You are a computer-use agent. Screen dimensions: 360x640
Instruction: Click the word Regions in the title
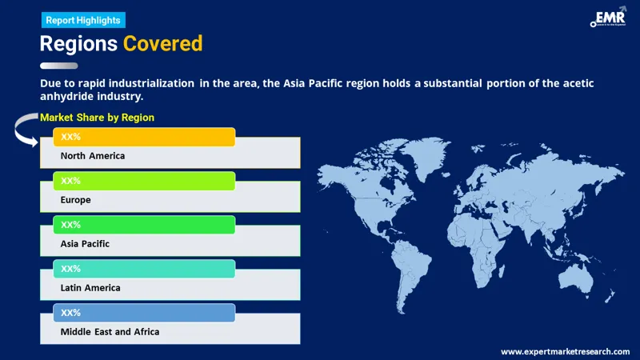tap(78, 44)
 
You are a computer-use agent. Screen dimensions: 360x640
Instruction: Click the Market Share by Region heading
tap(97, 118)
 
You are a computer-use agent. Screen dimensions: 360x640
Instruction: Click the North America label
tap(93, 156)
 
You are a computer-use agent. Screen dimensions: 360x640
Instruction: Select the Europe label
tap(76, 200)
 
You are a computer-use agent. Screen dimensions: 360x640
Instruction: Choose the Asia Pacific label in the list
tap(85, 243)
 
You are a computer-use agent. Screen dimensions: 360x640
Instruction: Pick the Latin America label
tap(90, 287)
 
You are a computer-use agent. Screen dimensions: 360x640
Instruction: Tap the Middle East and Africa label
tap(110, 331)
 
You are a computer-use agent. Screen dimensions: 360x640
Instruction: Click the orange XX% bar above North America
tap(144, 137)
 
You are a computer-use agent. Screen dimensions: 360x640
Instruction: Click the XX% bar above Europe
tap(144, 181)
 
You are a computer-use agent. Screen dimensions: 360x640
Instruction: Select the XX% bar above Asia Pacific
tap(144, 225)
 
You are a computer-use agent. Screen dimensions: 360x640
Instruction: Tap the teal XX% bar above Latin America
tap(144, 269)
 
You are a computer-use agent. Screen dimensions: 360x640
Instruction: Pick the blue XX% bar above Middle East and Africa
tap(144, 312)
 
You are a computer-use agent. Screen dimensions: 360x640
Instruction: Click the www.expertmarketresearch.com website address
tap(566, 351)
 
